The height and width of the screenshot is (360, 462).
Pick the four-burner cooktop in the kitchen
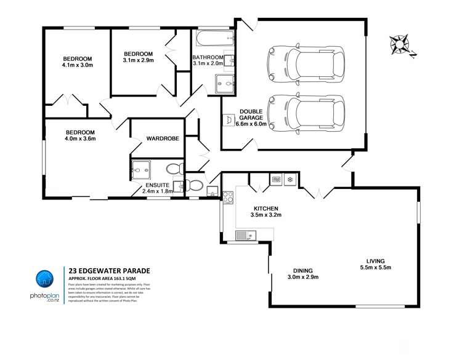(227, 198)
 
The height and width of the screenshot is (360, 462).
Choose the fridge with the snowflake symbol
(290, 180)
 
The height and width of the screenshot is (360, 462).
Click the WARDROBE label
(162, 138)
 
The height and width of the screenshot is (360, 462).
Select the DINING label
(302, 271)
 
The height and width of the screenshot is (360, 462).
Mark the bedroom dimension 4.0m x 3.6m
(81, 138)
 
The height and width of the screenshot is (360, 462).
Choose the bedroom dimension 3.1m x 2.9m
(138, 60)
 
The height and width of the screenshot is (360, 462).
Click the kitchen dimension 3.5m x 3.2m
(265, 215)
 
